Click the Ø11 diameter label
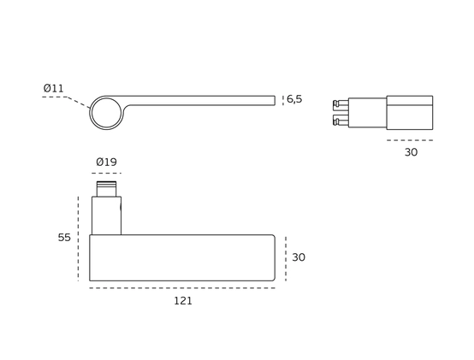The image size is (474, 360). [54, 88]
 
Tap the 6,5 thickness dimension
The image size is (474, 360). [294, 99]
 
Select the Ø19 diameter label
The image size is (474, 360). [106, 162]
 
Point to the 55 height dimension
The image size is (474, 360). [64, 238]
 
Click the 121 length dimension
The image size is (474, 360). [183, 301]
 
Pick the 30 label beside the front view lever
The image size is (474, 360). [299, 257]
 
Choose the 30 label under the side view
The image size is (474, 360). [411, 152]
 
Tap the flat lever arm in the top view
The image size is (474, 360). [199, 101]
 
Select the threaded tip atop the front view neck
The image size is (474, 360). [106, 189]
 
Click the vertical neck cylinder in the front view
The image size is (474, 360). [106, 215]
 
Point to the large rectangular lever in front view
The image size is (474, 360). [182, 257]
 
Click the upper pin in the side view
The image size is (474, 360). [341, 105]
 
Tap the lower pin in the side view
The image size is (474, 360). [341, 121]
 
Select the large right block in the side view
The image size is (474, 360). [410, 113]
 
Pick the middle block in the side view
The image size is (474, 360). [367, 113]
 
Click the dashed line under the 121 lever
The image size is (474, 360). [182, 288]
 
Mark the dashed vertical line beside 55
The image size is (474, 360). [79, 239]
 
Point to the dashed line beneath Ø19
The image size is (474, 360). [106, 174]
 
